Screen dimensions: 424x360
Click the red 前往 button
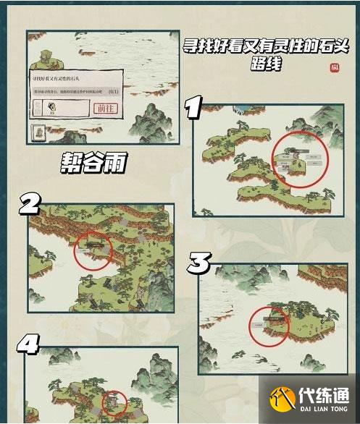(x=105, y=108)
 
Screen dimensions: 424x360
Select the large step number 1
(x=193, y=109)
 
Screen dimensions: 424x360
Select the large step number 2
(x=30, y=205)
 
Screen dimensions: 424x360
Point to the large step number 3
(x=199, y=262)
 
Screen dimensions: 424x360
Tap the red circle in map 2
(x=93, y=250)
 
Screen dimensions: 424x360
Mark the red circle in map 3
(x=269, y=324)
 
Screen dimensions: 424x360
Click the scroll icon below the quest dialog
(x=40, y=133)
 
